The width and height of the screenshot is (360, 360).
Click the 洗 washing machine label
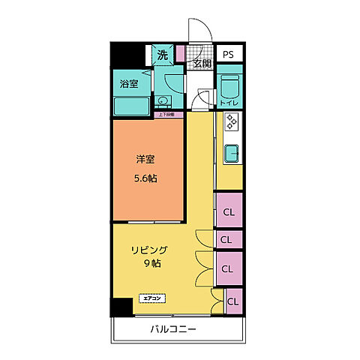pos(163,54)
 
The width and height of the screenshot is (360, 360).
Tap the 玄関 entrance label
pos(201,64)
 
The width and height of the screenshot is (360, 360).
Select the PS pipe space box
pos(229,54)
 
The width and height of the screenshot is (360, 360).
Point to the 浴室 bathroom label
pos(129,83)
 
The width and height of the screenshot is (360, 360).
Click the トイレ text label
pos(229,103)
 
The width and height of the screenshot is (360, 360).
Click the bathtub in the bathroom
pos(132,105)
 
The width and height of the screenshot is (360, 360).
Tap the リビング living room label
pos(150,250)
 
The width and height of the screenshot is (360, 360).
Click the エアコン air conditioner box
pos(151,298)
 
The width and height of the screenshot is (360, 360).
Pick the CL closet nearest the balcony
pos(233,301)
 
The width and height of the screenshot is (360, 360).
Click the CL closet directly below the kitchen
pos(229,211)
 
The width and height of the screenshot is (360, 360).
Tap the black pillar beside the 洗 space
pos(121,55)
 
